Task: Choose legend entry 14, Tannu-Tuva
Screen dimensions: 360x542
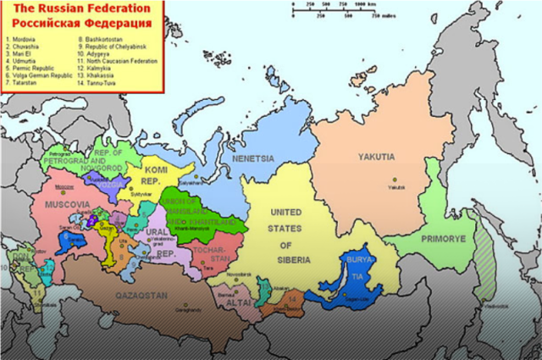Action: tap(97, 82)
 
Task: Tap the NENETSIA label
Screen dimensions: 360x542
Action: tap(254, 158)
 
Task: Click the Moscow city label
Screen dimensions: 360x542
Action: tap(63, 186)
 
